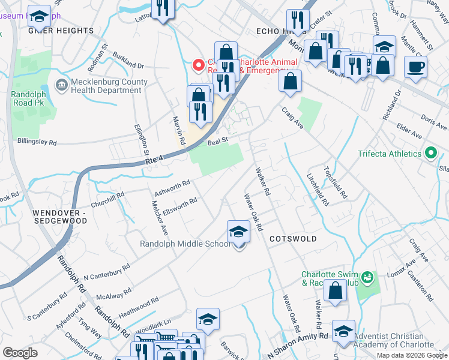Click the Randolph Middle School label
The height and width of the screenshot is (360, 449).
point(185,244)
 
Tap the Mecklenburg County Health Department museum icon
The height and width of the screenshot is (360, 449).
point(61,86)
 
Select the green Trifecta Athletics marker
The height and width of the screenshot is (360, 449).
point(430,154)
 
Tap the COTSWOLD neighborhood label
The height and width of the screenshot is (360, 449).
point(293,238)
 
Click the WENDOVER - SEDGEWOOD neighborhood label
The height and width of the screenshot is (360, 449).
point(59,217)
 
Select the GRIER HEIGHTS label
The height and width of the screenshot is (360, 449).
point(61,31)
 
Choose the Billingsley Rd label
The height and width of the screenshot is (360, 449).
point(36,143)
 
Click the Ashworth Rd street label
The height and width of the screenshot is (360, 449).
point(172,187)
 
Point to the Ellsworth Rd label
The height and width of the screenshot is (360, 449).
point(179,205)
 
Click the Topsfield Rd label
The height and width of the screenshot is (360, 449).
point(336,182)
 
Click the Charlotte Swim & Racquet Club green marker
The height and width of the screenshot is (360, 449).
point(367,278)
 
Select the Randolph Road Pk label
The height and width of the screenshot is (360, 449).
point(32,98)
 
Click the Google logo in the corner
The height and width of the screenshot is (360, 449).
point(20,353)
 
